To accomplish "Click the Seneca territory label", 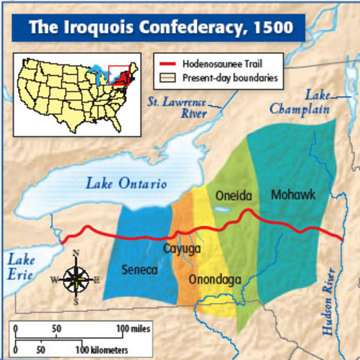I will pos(139,269).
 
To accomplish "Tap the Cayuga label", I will pos(182,248).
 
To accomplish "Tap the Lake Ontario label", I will pos(125,183).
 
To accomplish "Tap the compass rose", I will pos(76,278).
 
